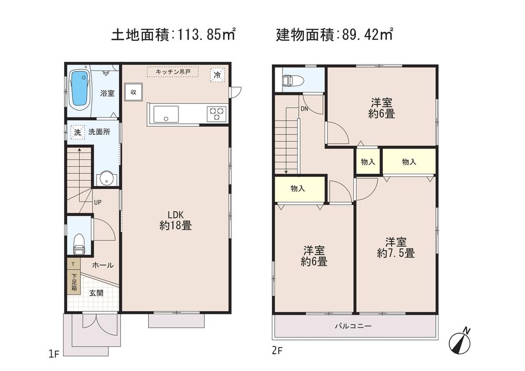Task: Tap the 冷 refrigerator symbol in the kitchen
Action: click(x=217, y=75)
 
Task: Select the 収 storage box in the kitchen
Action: click(x=133, y=92)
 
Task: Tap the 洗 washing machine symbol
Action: click(x=77, y=133)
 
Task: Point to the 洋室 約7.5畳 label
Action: click(x=396, y=247)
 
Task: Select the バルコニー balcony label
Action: click(x=353, y=326)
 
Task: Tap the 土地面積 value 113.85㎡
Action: click(x=205, y=35)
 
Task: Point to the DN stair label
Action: click(x=304, y=109)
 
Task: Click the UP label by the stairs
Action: click(x=98, y=202)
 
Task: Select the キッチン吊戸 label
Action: click(x=173, y=72)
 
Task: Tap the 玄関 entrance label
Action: click(x=96, y=293)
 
